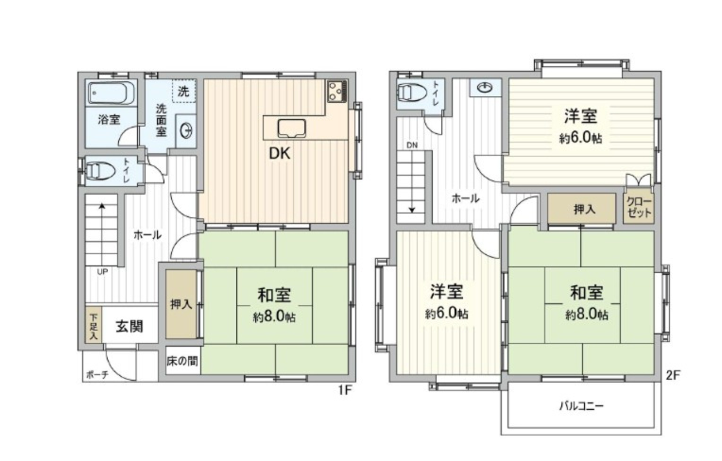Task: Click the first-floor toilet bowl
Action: [x=97, y=172]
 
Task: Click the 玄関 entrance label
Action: [x=129, y=327]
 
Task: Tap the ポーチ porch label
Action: [x=96, y=374]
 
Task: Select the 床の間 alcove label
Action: [x=181, y=361]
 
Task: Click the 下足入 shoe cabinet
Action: [x=94, y=326]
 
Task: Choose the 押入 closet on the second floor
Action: [x=583, y=209]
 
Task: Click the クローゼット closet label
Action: [x=640, y=209]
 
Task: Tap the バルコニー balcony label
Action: [x=580, y=406]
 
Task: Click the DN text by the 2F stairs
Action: [x=412, y=145]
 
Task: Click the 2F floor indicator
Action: [x=672, y=375]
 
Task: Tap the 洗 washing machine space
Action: [x=183, y=91]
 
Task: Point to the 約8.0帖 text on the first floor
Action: [x=275, y=316]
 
